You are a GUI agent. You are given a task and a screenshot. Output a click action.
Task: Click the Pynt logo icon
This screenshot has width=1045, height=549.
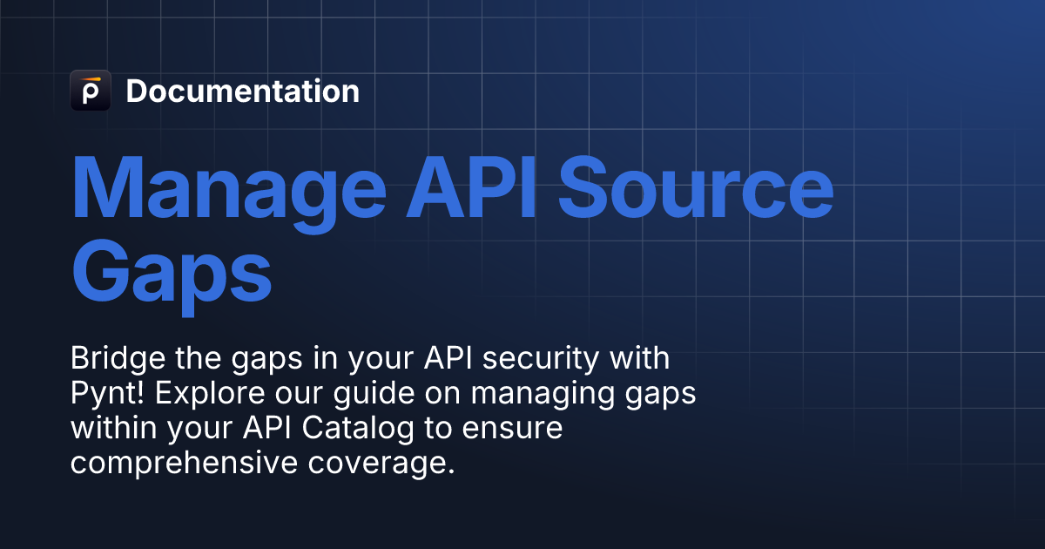[x=90, y=91]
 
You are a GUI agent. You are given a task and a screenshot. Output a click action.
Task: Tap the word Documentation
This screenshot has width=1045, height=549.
[x=242, y=91]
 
